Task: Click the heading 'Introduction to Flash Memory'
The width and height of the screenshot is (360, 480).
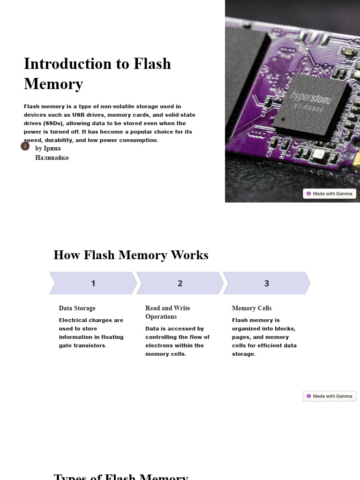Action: click(97, 74)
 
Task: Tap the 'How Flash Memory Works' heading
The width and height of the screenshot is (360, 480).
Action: click(131, 255)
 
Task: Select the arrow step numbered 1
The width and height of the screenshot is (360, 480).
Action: click(93, 283)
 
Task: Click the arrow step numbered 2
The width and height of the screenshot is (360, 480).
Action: click(180, 283)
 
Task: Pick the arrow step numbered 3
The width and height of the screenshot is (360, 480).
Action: click(267, 283)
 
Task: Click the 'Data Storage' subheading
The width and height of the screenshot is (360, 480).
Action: click(77, 308)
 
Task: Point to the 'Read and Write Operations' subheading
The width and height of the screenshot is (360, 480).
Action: click(167, 312)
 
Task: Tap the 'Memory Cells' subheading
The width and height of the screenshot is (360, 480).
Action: click(252, 308)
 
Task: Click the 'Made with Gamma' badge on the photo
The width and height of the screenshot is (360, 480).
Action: click(330, 194)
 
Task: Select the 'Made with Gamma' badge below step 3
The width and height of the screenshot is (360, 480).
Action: click(330, 396)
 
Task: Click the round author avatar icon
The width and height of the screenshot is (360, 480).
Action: click(25, 146)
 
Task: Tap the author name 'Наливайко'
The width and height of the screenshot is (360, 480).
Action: click(52, 158)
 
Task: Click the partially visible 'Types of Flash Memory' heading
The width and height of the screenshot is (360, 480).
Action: click(121, 476)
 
